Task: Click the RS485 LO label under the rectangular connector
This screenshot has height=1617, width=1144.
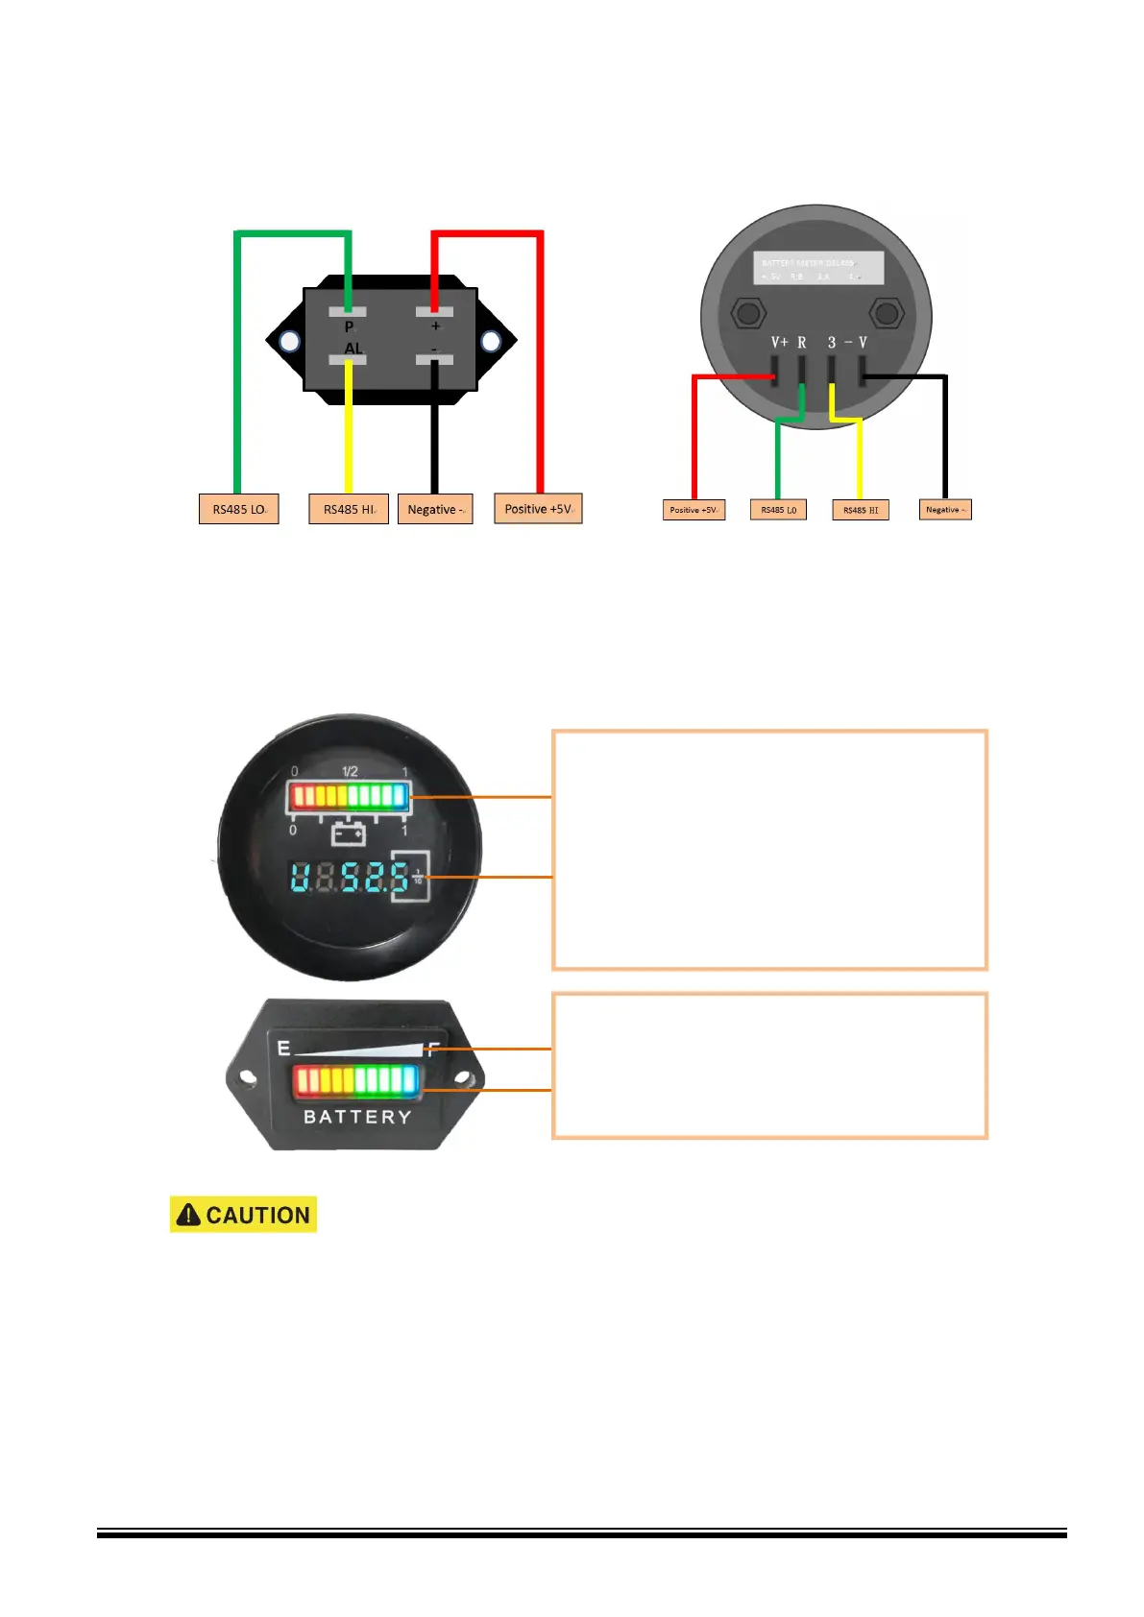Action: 238,509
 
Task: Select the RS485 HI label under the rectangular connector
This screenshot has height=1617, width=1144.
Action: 349,509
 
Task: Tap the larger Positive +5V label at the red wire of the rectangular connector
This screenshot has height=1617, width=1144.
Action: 538,508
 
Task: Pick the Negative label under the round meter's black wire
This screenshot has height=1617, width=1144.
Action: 945,510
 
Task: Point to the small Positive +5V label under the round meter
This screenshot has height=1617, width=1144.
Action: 694,510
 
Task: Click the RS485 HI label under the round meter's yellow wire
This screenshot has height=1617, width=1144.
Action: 861,510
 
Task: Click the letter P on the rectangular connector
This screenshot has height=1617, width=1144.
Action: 349,327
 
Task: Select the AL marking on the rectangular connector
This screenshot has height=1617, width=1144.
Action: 353,349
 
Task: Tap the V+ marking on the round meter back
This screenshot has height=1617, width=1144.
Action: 779,343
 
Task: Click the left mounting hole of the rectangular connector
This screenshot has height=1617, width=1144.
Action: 289,341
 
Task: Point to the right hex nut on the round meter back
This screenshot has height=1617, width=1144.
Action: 886,313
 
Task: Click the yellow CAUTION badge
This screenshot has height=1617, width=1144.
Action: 243,1215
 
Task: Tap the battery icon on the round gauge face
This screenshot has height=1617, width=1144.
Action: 348,833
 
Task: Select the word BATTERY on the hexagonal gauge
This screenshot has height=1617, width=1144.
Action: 357,1117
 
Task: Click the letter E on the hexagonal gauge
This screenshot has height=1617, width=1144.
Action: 283,1048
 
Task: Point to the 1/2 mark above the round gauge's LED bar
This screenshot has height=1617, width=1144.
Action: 350,771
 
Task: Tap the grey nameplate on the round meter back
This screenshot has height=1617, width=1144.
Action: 817,268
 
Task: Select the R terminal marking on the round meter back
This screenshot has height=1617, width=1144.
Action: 802,343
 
